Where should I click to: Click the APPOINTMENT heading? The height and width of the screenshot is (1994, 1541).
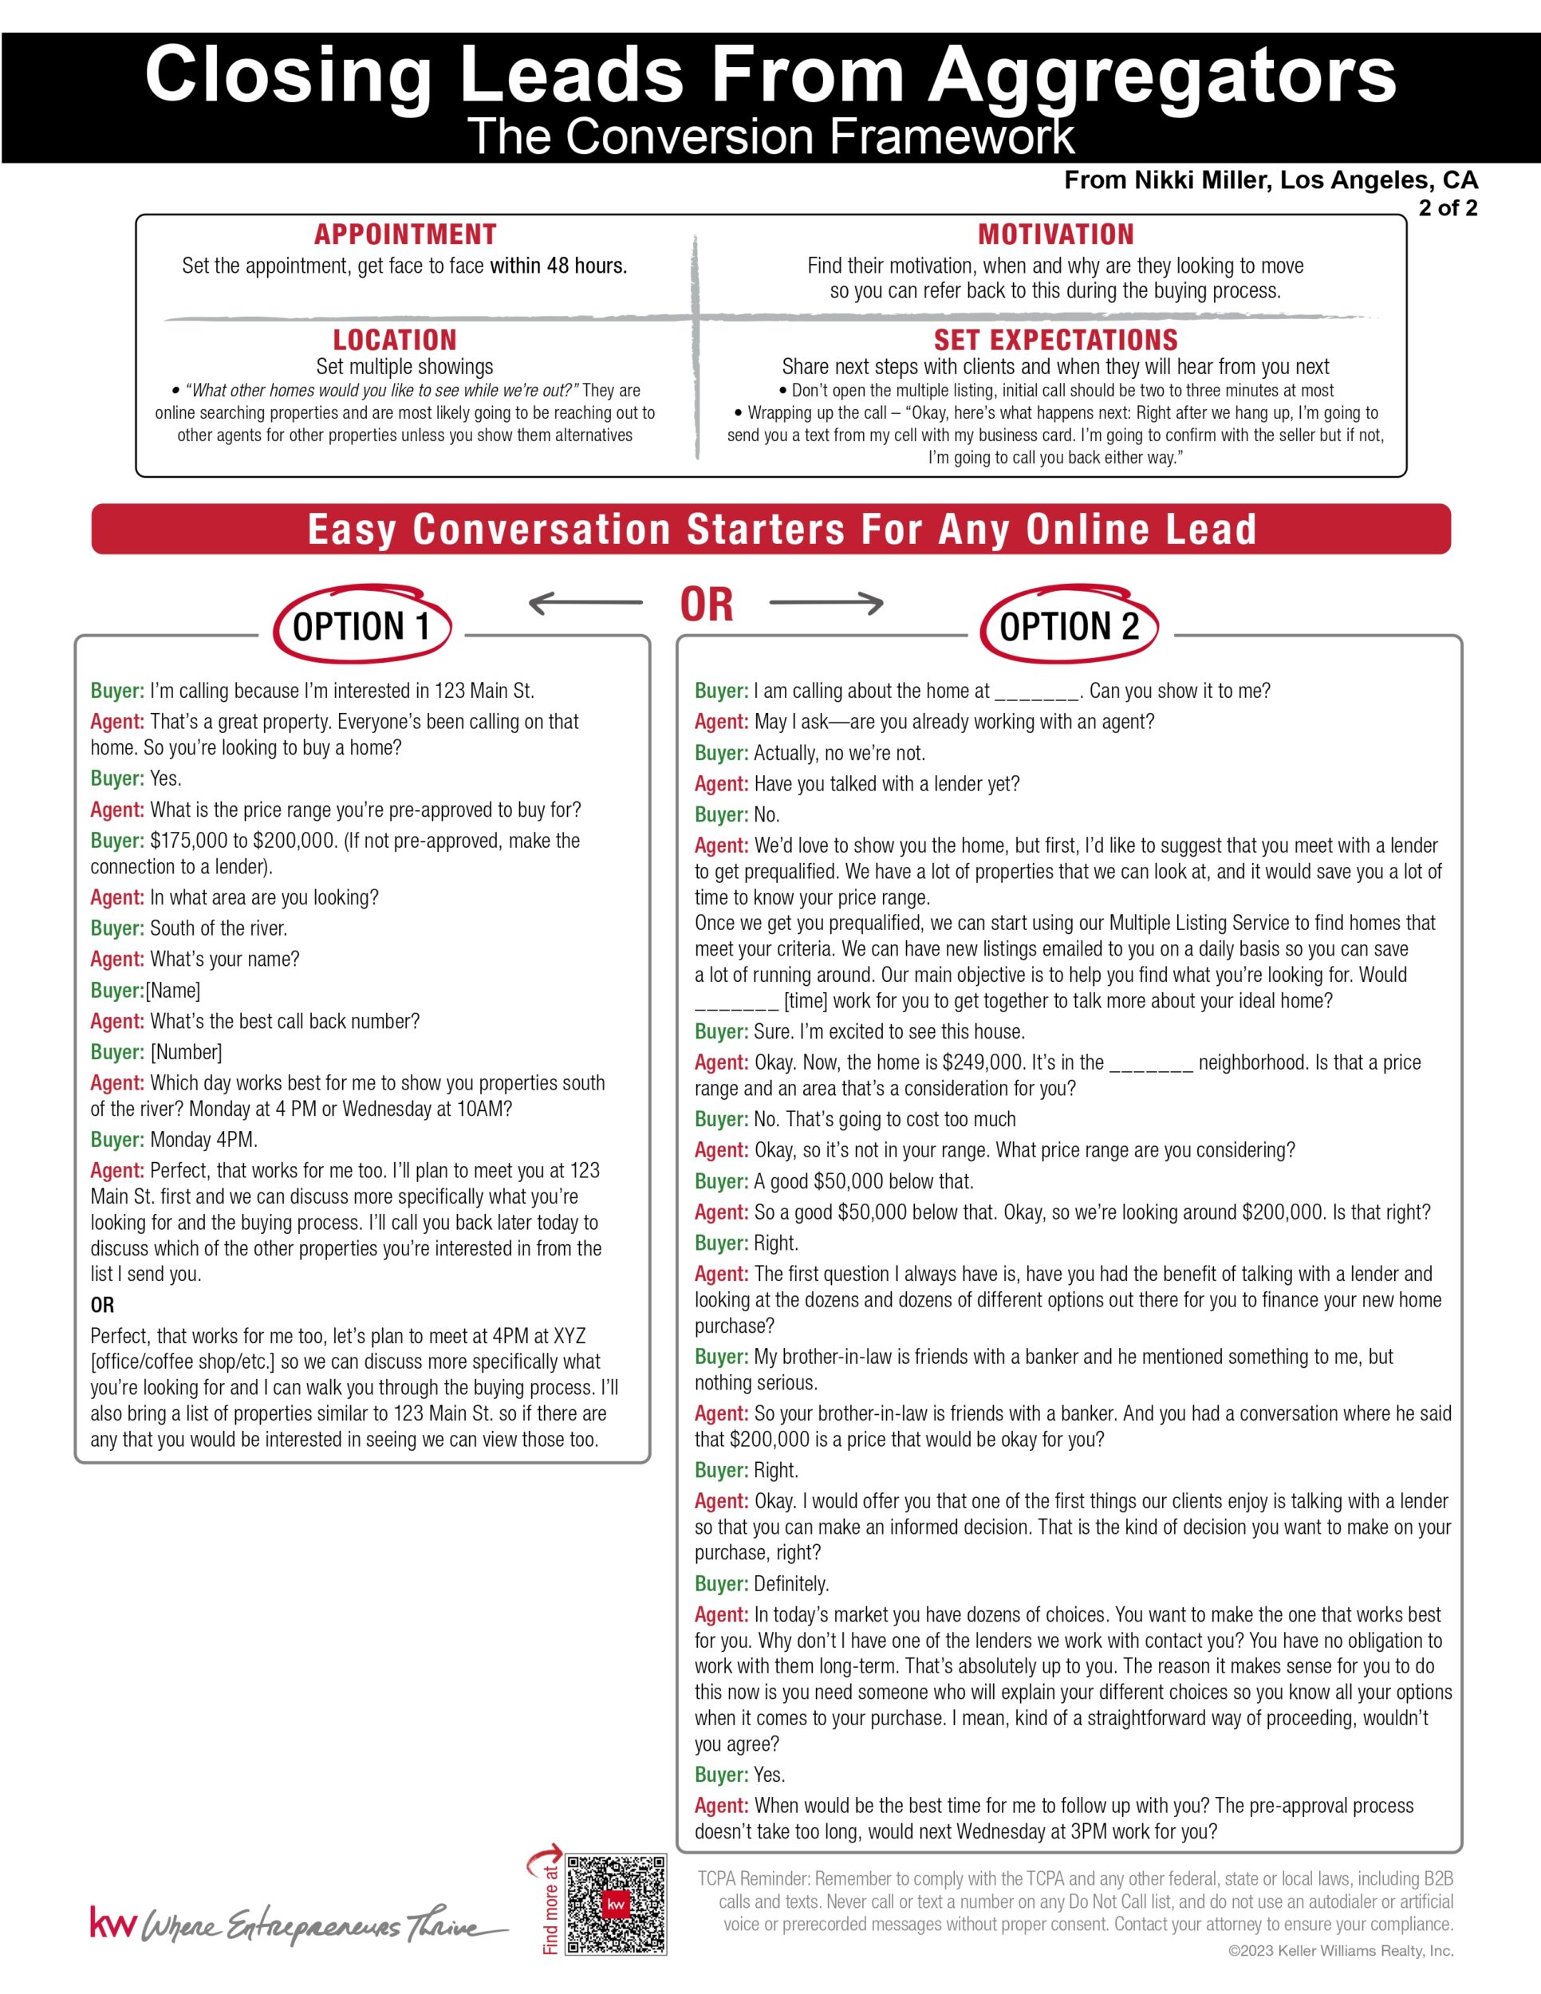pos(405,234)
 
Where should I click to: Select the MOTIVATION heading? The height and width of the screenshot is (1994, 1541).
pos(1055,234)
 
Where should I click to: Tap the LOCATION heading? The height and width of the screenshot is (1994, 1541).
pos(394,340)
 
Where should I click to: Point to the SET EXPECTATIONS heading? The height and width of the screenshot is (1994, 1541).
pos(1055,340)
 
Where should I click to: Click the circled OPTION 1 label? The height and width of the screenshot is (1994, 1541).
pos(361,626)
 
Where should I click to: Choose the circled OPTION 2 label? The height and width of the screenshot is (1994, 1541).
pos(1069,626)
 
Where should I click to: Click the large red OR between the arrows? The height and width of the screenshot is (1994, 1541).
pos(707,605)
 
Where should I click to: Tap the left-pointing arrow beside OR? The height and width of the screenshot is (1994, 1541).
pos(585,602)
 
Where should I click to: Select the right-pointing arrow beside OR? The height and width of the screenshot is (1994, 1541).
pos(826,602)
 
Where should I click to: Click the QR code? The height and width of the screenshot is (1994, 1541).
pos(617,1904)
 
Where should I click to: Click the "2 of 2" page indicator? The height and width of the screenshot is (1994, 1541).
pos(1447,208)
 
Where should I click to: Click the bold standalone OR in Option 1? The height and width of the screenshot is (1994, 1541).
pos(102,1305)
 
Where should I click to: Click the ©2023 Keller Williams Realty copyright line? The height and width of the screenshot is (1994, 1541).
pos(1340,1951)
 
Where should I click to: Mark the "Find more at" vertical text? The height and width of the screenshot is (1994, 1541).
pos(550,1908)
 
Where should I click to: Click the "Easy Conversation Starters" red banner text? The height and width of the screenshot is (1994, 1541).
pos(782,530)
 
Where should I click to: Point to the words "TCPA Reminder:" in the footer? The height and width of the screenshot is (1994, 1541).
pos(753,1879)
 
